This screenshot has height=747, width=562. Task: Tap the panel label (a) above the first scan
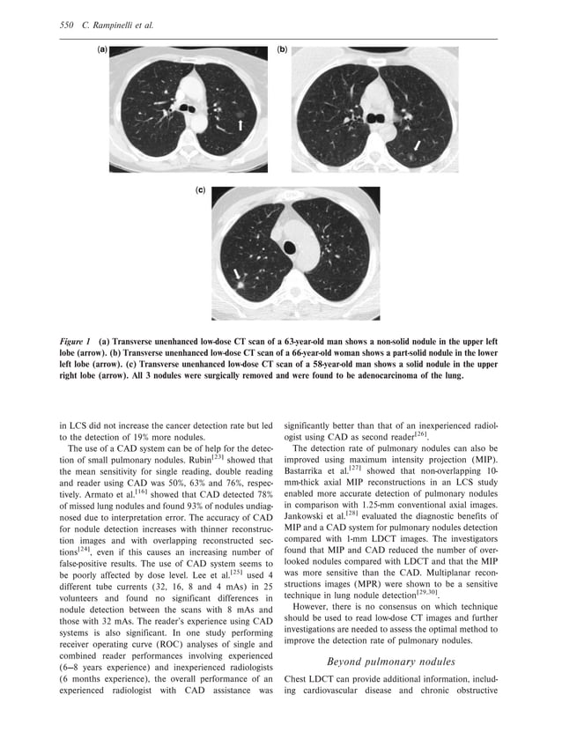[102, 51]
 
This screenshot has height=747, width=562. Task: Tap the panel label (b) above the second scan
[283, 51]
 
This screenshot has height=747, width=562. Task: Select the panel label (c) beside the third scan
[201, 189]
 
